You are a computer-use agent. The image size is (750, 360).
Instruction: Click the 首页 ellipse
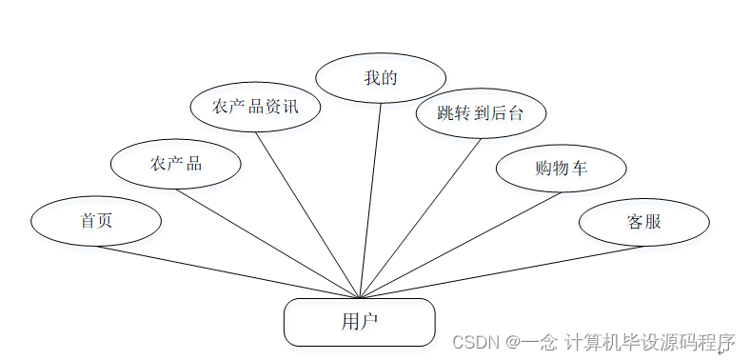tap(96, 221)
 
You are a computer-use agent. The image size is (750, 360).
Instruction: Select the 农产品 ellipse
tap(176, 164)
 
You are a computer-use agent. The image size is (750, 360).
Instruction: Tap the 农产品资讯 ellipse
tap(255, 107)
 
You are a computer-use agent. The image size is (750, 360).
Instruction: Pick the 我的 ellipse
tap(381, 78)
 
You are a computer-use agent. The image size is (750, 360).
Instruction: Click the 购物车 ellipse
tap(561, 169)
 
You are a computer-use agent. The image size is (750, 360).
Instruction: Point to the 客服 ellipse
tap(644, 222)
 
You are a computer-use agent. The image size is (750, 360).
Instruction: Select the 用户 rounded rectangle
tap(359, 322)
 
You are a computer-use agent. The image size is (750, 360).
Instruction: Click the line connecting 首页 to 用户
tap(228, 272)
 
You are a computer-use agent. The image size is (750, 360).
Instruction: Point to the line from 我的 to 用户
tap(370, 200)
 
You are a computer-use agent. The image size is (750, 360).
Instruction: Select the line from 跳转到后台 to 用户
tap(421, 218)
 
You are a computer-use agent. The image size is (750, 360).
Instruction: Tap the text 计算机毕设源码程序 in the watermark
tap(649, 342)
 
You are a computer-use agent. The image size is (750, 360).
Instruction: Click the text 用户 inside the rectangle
tap(359, 322)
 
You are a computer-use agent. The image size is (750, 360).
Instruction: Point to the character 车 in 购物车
tap(579, 169)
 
